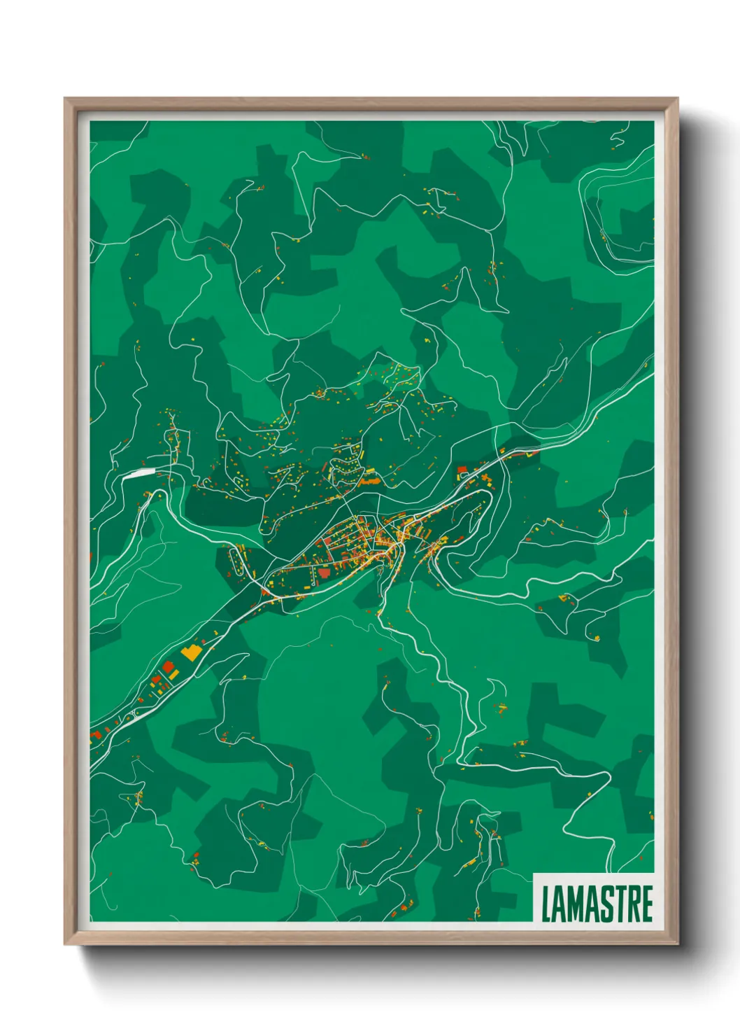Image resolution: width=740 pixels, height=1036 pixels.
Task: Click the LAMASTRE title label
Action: point(597,903)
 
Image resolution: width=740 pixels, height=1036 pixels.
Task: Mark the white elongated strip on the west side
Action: point(141,473)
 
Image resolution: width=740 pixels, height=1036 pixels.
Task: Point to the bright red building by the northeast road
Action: point(462,470)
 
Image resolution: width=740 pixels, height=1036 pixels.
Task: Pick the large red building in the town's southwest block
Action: point(323,572)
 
